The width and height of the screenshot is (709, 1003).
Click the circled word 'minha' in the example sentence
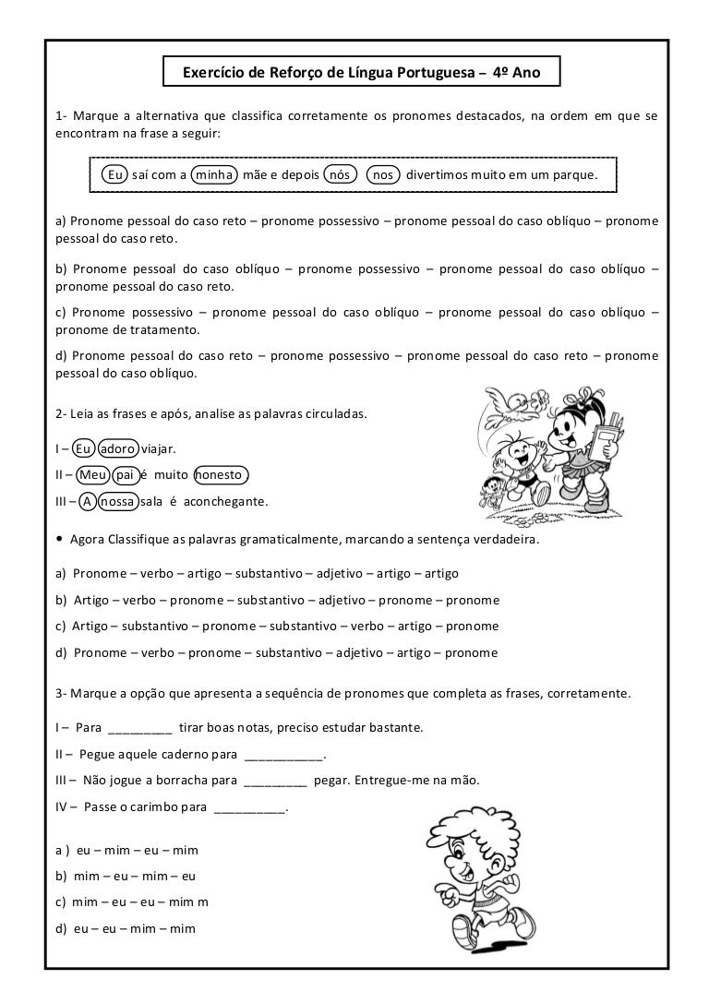(214, 174)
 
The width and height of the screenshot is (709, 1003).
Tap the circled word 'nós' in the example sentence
(342, 174)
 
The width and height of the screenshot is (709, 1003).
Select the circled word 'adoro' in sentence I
(118, 448)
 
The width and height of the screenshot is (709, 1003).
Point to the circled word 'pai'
(126, 475)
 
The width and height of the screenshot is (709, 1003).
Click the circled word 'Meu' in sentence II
(92, 475)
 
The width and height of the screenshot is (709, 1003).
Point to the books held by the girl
(607, 434)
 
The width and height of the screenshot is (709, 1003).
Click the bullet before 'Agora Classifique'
(60, 539)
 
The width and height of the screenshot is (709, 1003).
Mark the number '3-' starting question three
(62, 692)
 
